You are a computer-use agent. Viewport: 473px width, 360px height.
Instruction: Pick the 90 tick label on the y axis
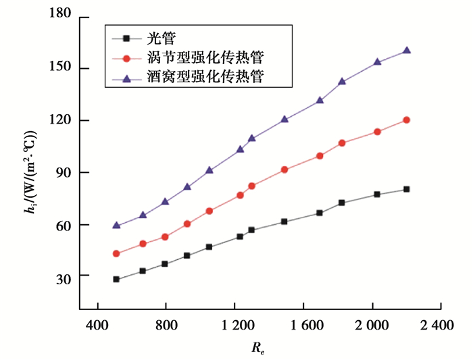click(64, 172)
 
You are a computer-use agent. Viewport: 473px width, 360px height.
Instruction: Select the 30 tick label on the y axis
click(64, 276)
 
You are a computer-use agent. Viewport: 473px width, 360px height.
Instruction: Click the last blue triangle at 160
click(406, 50)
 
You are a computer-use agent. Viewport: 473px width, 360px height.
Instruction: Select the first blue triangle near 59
click(116, 225)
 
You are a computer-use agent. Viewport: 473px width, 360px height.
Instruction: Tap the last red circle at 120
click(406, 120)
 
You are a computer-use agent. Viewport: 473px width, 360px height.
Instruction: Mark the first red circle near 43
click(116, 253)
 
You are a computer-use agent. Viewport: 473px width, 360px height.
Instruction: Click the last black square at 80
click(406, 189)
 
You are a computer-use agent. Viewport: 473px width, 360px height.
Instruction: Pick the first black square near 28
click(116, 279)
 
